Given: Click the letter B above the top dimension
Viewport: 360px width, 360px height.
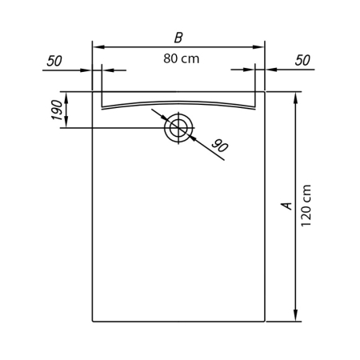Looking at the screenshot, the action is [178, 38].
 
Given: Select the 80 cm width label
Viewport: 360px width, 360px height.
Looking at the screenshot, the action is [182, 59].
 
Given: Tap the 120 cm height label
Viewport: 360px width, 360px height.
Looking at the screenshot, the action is [306, 206].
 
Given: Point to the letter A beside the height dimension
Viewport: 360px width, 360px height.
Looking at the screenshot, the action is [287, 206].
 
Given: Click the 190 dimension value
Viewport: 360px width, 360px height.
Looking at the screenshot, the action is [57, 110].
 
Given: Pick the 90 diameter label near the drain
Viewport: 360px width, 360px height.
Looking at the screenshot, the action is [220, 146].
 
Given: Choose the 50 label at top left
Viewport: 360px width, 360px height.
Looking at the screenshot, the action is [54, 61].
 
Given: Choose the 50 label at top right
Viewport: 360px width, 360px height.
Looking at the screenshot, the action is [302, 60].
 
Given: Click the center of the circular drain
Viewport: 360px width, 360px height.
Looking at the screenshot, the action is [178, 128].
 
